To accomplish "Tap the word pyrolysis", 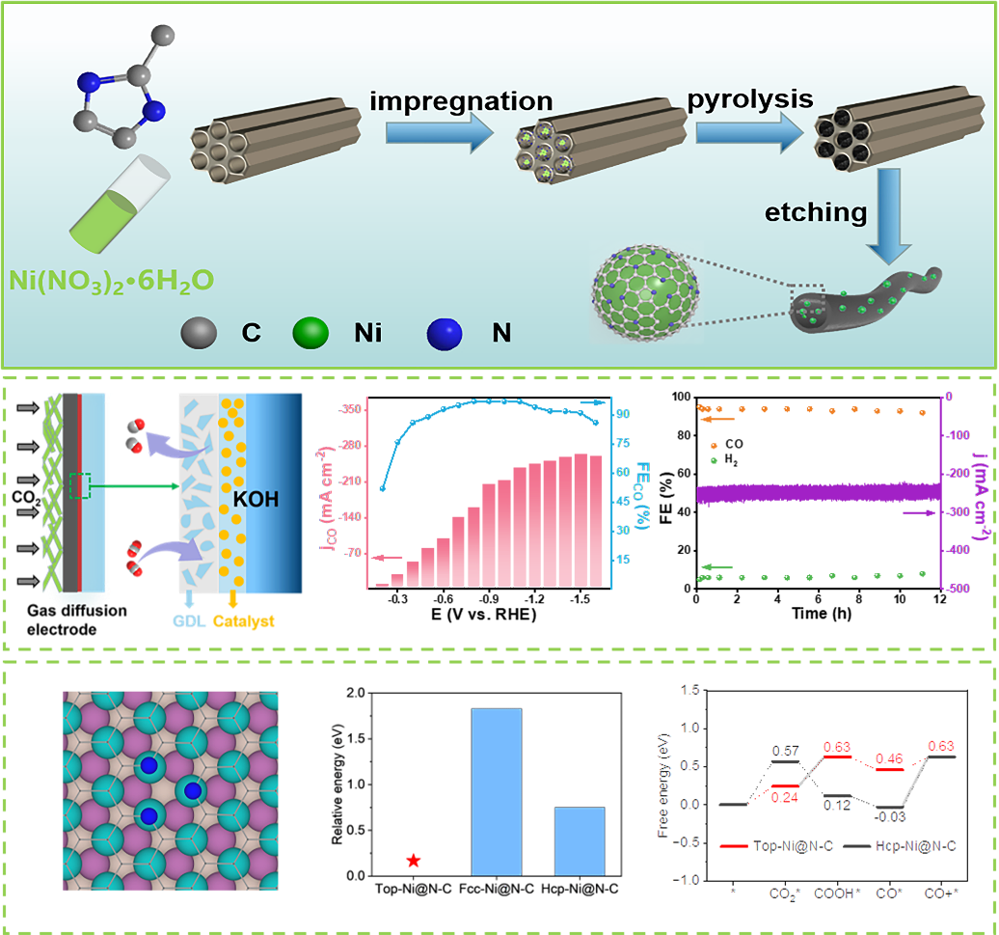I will point(750,99).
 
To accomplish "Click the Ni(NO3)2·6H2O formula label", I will point(111,281).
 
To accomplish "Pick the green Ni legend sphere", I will point(311,333).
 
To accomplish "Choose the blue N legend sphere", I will point(445,333).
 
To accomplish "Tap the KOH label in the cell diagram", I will point(256,502).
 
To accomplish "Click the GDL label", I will point(191,621).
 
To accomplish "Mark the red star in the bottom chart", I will point(414,860).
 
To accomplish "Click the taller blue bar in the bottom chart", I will point(496,791).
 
